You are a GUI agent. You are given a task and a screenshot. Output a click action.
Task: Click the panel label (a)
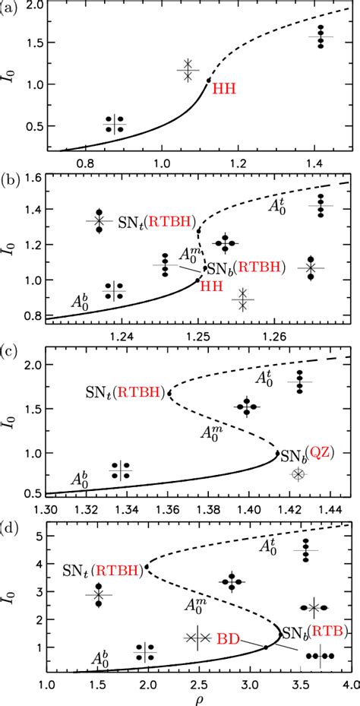pyautogui.click(x=11, y=8)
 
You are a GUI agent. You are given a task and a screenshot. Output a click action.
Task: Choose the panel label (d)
pyautogui.click(x=11, y=525)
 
